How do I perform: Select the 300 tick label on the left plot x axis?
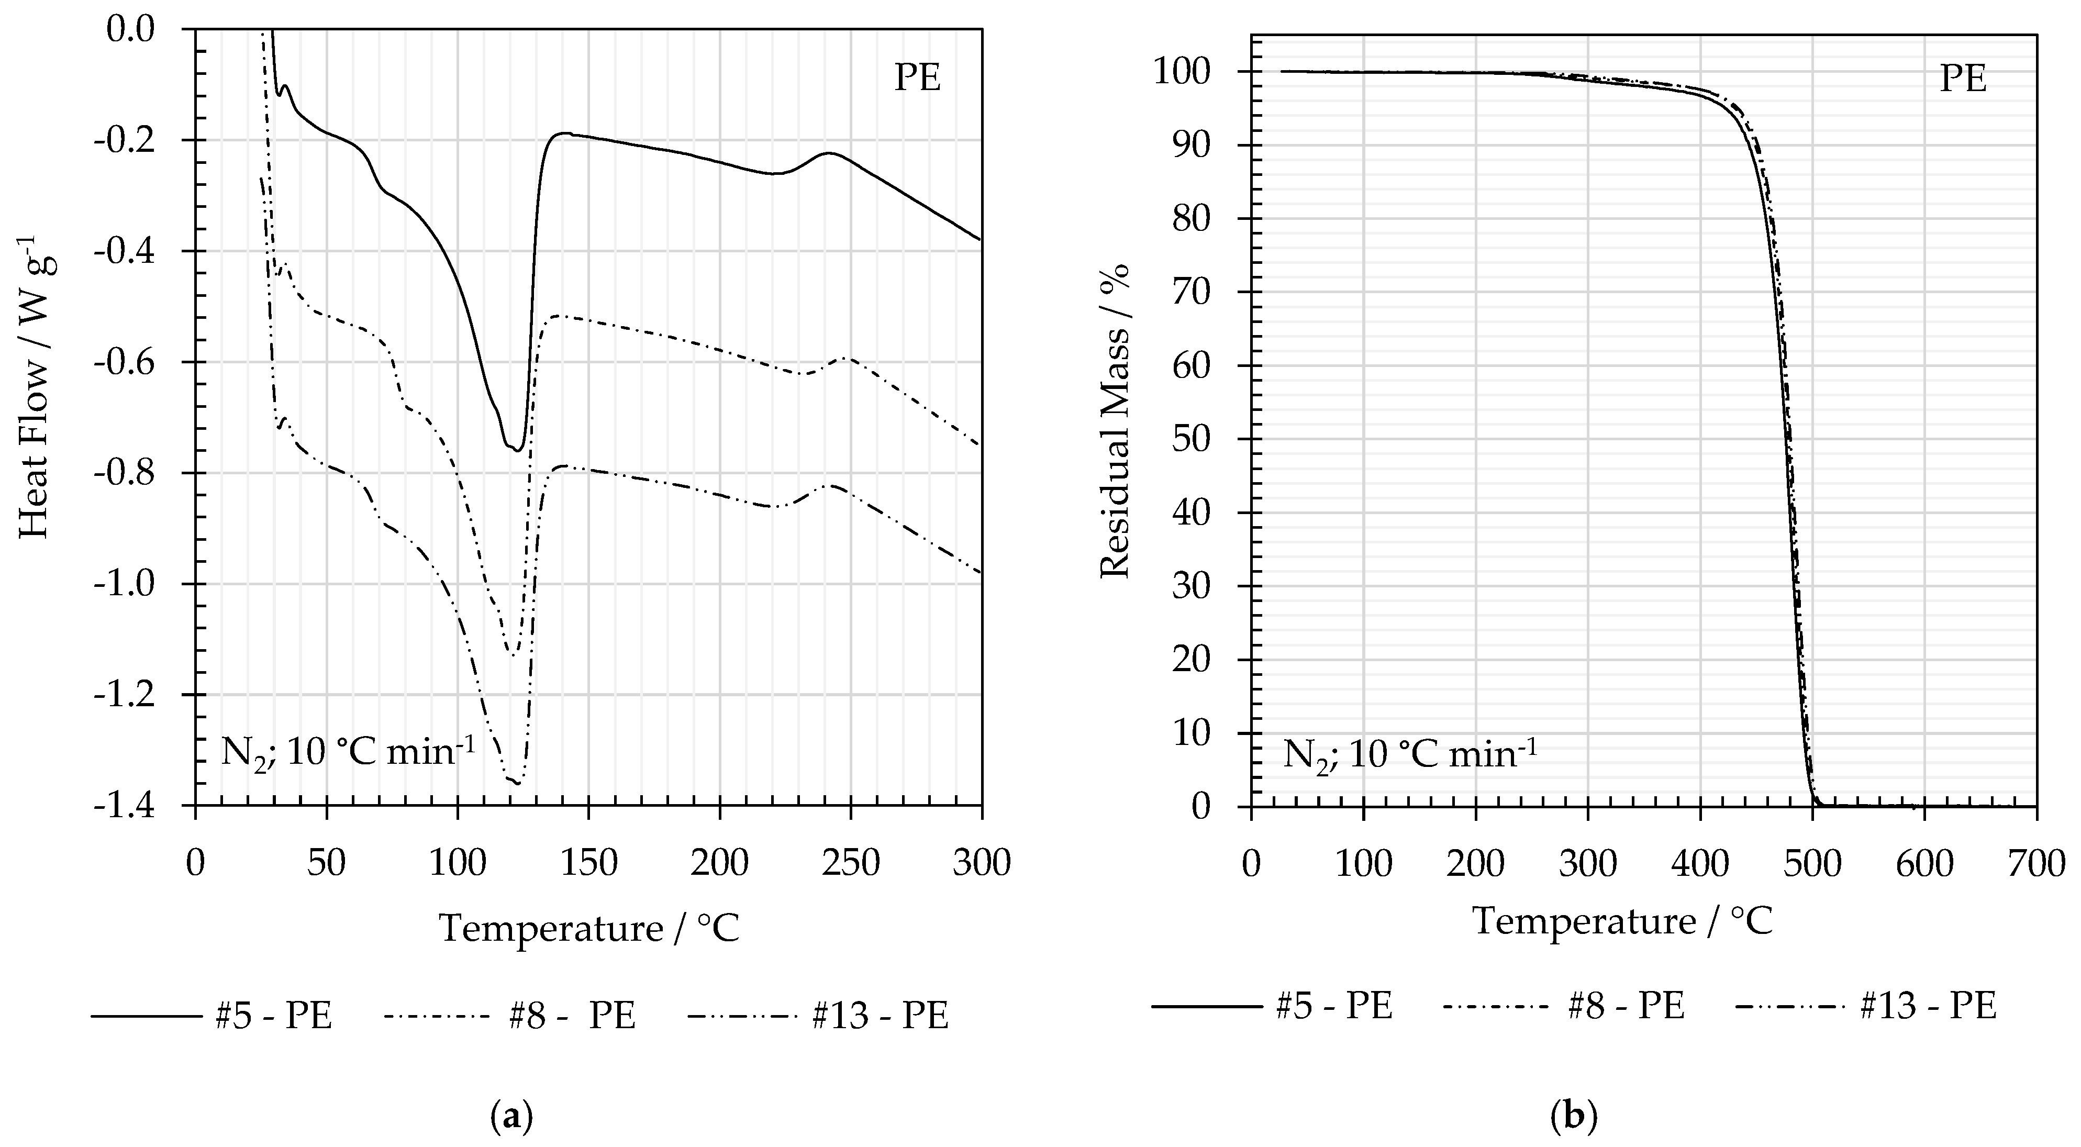click(981, 863)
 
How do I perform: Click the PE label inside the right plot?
click(1963, 80)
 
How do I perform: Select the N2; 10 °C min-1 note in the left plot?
click(348, 752)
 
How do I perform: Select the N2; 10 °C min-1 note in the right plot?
click(1410, 754)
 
